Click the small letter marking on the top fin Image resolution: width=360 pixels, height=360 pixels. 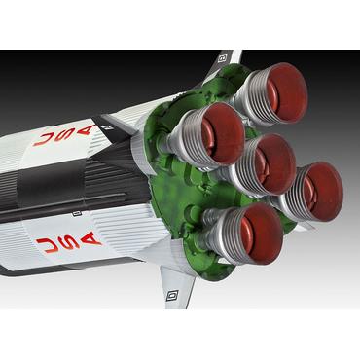[x=222, y=58]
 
